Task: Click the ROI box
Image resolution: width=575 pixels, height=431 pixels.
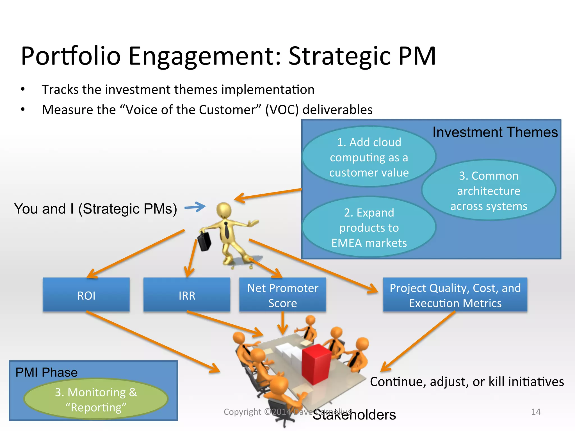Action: pos(86,295)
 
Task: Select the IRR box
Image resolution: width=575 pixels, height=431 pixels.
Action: pos(187,295)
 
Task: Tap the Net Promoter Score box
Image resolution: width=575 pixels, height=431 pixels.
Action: pos(282,295)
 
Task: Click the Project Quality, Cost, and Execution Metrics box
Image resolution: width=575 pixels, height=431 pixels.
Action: pos(455,295)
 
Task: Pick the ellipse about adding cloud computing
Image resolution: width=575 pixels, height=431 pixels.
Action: pos(369,157)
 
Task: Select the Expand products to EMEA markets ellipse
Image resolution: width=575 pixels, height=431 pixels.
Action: pos(369,227)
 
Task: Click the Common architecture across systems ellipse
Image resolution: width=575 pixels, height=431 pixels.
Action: pos(489,191)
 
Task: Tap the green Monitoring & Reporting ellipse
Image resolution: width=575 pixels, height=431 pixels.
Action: pos(96,399)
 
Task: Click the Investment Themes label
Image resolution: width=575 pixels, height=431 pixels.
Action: pos(495,132)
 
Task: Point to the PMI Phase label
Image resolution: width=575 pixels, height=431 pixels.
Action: pos(46,372)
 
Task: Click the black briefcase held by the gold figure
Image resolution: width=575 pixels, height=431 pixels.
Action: pos(204,241)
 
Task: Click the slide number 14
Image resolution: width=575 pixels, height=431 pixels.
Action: pos(535,412)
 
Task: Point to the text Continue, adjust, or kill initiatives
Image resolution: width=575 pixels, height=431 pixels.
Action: pos(467,382)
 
